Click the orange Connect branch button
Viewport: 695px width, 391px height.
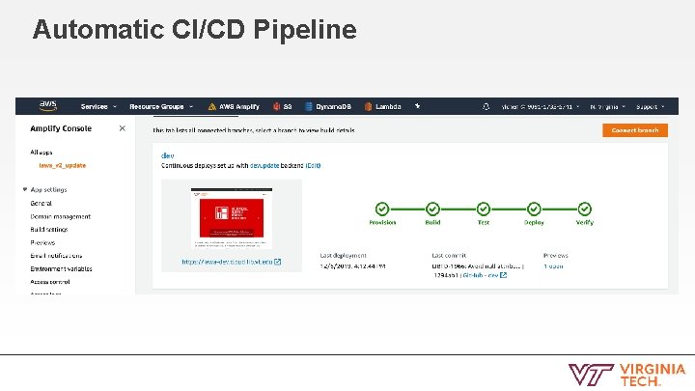pyautogui.click(x=634, y=129)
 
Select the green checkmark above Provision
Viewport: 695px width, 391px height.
pyautogui.click(x=382, y=209)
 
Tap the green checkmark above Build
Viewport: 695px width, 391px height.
pyautogui.click(x=432, y=209)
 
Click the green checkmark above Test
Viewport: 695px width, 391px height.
pyautogui.click(x=483, y=209)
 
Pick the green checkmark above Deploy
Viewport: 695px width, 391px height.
pyautogui.click(x=534, y=209)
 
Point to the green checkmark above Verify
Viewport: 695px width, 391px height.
pyautogui.click(x=584, y=209)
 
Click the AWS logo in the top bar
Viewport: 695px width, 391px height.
pyautogui.click(x=48, y=106)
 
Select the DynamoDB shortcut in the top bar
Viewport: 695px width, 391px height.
pyautogui.click(x=332, y=107)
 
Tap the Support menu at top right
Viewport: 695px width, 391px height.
pyautogui.click(x=650, y=107)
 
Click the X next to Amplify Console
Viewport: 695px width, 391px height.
pyautogui.click(x=122, y=128)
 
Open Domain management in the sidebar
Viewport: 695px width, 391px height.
pyautogui.click(x=60, y=216)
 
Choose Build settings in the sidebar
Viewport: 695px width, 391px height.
pyautogui.click(x=48, y=229)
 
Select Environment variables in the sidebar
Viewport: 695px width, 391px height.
pyautogui.click(x=61, y=268)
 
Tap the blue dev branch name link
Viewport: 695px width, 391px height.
pyautogui.click(x=167, y=154)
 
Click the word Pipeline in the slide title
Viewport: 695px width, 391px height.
pyautogui.click(x=305, y=30)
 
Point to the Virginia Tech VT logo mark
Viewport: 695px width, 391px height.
pyautogui.click(x=587, y=375)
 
